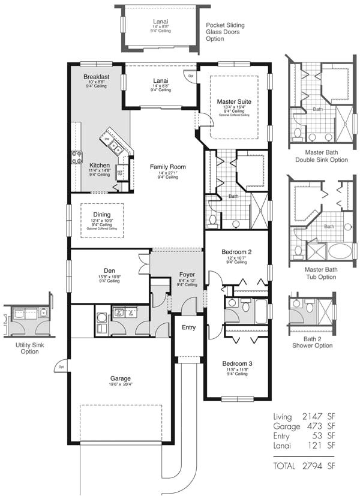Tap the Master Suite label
tap(234, 102)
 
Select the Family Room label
tap(168, 167)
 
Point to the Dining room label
tap(101, 214)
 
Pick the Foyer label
tap(187, 275)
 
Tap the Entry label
tap(188, 327)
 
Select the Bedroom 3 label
tap(237, 363)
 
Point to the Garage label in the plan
tap(120, 378)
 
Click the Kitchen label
tap(99, 165)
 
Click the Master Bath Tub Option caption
tap(321, 273)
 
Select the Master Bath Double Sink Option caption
tap(321, 156)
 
